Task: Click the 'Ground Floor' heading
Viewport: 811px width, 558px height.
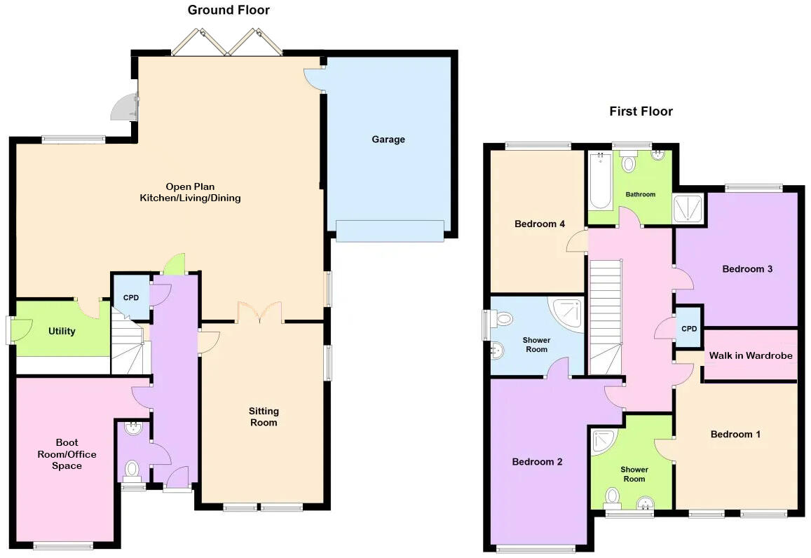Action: click(229, 10)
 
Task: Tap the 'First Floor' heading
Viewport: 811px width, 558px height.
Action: click(641, 111)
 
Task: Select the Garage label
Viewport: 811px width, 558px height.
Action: click(388, 139)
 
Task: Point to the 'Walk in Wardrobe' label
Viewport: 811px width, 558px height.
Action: click(751, 355)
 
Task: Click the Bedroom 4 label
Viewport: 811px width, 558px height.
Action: click(540, 224)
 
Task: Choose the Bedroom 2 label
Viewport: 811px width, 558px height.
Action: click(537, 462)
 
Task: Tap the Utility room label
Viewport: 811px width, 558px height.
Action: click(62, 331)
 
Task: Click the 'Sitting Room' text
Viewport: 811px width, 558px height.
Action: click(264, 416)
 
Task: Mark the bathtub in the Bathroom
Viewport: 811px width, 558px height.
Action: click(600, 181)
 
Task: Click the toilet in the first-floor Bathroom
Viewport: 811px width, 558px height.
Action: click(628, 163)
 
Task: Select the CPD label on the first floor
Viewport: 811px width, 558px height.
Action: click(689, 329)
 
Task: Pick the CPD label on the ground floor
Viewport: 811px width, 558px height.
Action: click(131, 298)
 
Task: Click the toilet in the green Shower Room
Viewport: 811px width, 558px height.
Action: click(613, 497)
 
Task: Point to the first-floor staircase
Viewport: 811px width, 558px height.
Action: click(606, 315)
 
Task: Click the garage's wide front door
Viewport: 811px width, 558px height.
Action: click(390, 231)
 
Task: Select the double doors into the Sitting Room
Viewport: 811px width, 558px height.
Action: click(260, 313)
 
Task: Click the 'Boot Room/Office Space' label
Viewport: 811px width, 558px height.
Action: click(67, 454)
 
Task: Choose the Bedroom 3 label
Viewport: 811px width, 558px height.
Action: click(747, 269)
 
